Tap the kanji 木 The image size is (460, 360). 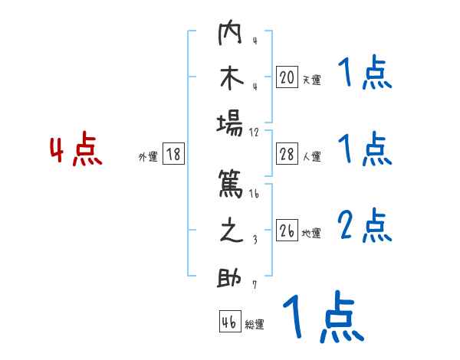click(x=231, y=78)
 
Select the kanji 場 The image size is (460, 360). click(x=231, y=125)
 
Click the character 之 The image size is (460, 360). click(x=231, y=231)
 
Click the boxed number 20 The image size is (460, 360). click(x=287, y=77)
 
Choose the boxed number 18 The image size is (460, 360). click(x=173, y=155)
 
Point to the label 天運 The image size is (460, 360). click(x=311, y=80)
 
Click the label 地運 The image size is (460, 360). click(x=311, y=234)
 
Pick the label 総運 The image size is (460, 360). click(x=255, y=324)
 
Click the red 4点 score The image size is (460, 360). click(x=76, y=151)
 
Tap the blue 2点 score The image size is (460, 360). click(x=365, y=226)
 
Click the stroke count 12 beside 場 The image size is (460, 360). click(x=255, y=132)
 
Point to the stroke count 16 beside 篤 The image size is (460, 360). click(x=255, y=194)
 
